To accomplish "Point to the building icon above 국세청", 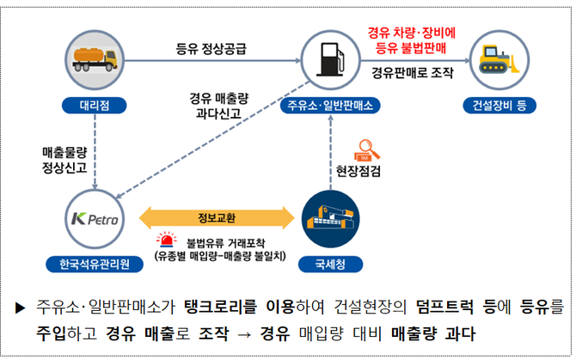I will pos(330,218).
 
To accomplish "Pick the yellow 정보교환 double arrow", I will pos(211,215).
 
